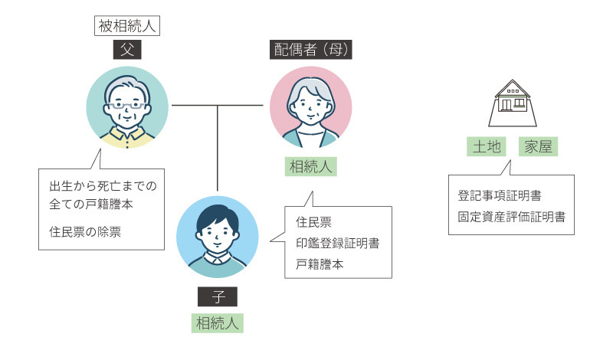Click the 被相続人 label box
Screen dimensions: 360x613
[127, 26]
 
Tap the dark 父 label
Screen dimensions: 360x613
[127, 51]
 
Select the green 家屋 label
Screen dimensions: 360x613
[538, 146]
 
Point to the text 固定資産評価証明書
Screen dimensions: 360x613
[511, 217]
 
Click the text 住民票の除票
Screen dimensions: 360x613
[85, 229]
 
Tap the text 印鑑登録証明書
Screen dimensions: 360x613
[338, 244]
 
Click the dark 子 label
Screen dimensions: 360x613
[218, 296]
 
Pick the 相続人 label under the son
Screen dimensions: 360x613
[218, 322]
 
